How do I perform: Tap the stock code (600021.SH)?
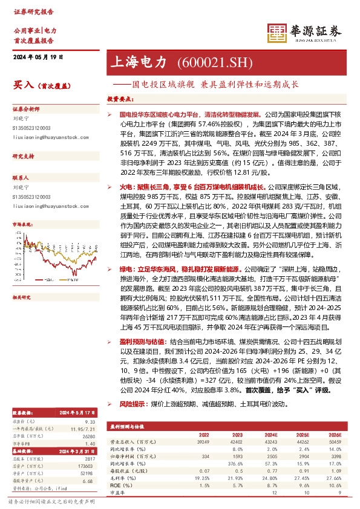tap(205, 62)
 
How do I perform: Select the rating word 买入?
tap(22, 85)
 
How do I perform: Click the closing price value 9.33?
tap(90, 421)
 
